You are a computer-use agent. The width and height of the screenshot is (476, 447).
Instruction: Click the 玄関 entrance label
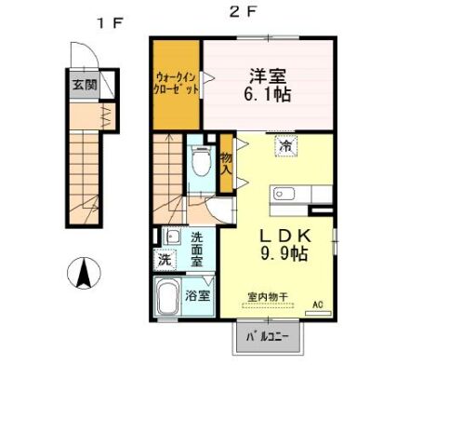[x=85, y=85]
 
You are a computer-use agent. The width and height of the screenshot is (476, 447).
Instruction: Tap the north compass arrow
[x=84, y=273]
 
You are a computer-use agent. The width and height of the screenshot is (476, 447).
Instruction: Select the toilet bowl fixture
[x=202, y=162]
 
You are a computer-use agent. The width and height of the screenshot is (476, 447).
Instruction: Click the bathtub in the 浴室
[x=168, y=298]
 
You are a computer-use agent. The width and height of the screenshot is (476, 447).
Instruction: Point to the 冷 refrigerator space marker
[x=286, y=145]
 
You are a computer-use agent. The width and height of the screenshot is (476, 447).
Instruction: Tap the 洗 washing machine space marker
[x=165, y=259]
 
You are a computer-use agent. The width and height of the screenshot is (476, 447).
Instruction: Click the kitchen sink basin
[x=284, y=195]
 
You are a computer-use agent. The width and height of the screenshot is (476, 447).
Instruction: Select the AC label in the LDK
[x=318, y=305]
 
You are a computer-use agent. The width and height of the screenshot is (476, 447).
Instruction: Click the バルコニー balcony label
[x=268, y=337]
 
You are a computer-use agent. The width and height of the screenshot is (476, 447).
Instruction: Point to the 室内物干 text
[x=268, y=297]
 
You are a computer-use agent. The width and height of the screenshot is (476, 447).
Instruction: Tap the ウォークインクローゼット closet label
[x=177, y=83]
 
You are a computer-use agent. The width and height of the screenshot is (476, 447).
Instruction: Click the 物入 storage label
[x=226, y=164]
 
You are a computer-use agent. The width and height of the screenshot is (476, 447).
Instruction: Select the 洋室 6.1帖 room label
[x=268, y=86]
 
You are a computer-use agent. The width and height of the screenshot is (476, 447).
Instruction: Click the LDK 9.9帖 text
[x=284, y=245]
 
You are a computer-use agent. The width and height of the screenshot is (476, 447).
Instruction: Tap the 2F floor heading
[x=244, y=12]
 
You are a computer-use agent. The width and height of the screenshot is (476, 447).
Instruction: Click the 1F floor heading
[x=111, y=23]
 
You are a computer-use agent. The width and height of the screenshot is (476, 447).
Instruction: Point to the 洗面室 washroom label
[x=197, y=250]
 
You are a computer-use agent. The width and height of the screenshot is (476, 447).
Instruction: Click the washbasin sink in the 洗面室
[x=172, y=237]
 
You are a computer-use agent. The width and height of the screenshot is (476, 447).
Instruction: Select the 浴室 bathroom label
[x=198, y=295]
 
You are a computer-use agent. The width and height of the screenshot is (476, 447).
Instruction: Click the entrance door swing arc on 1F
[x=92, y=48]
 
